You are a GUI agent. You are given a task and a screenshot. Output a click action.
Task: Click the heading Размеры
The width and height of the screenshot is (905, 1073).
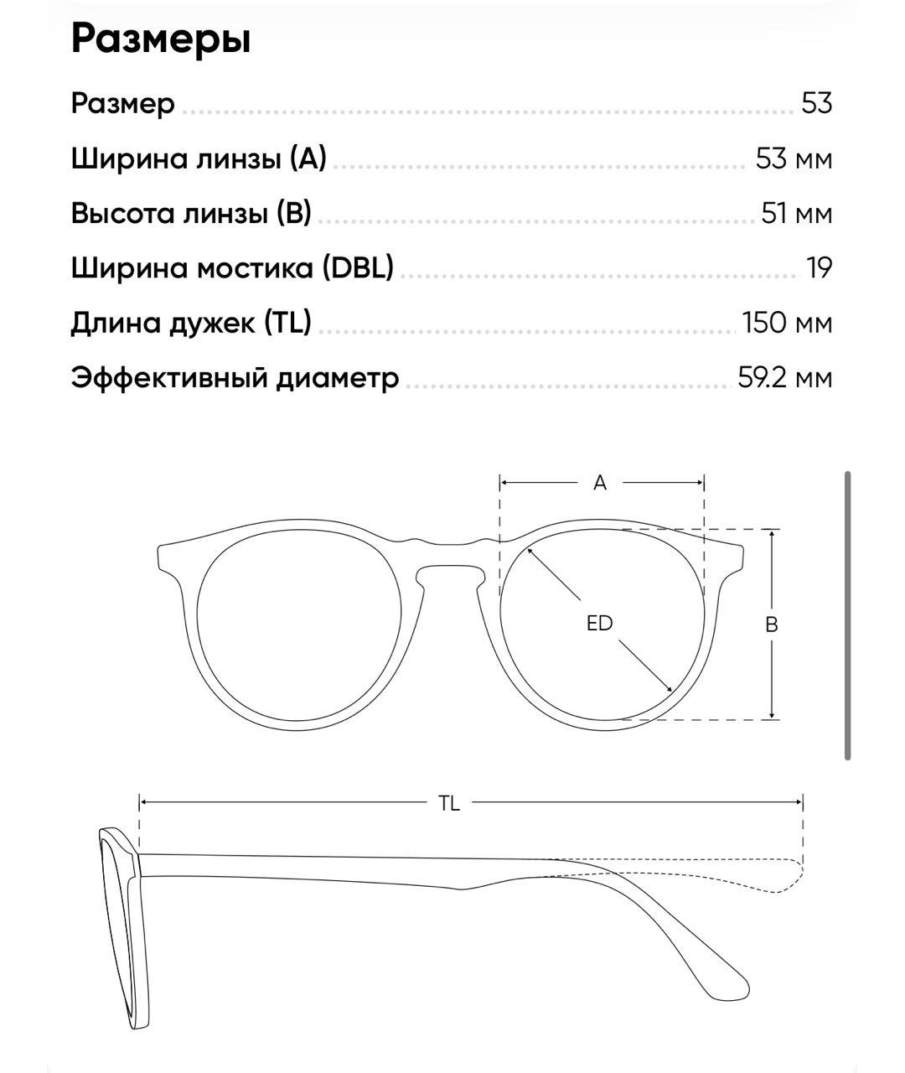tap(161, 40)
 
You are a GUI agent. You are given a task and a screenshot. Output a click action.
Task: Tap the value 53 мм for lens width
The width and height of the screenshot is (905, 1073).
tap(793, 158)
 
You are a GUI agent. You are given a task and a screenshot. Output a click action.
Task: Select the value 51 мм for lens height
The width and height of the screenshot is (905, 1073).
tap(796, 214)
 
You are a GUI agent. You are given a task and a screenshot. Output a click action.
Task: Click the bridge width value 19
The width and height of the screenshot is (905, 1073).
tap(819, 268)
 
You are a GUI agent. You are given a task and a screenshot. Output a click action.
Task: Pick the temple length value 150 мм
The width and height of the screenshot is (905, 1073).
tap(787, 323)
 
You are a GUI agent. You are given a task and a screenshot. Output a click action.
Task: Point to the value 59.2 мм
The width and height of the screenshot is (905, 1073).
tap(784, 378)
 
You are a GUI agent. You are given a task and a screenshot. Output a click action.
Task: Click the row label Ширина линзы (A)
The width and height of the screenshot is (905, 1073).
tap(199, 158)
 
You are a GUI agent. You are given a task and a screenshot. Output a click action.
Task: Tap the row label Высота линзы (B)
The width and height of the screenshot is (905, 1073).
tap(191, 214)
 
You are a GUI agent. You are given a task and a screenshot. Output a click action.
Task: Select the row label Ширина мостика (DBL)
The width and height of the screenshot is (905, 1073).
tap(232, 268)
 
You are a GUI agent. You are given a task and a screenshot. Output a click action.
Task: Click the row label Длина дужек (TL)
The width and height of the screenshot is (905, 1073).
tap(191, 323)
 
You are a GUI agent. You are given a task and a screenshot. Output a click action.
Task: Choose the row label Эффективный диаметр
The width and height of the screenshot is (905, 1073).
tap(235, 378)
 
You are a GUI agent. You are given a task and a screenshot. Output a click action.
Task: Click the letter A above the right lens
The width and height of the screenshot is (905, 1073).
tap(600, 483)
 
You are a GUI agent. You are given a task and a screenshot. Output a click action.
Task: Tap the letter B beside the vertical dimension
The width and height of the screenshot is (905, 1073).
tap(772, 625)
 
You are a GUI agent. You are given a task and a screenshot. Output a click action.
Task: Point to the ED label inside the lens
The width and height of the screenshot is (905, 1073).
tap(600, 624)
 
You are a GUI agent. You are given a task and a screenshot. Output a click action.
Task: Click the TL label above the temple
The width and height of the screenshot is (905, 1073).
tap(449, 803)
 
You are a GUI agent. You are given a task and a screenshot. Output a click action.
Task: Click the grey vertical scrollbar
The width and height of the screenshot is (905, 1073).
tap(848, 616)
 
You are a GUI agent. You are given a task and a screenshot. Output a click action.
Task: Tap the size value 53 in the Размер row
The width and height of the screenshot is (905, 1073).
tap(816, 104)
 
